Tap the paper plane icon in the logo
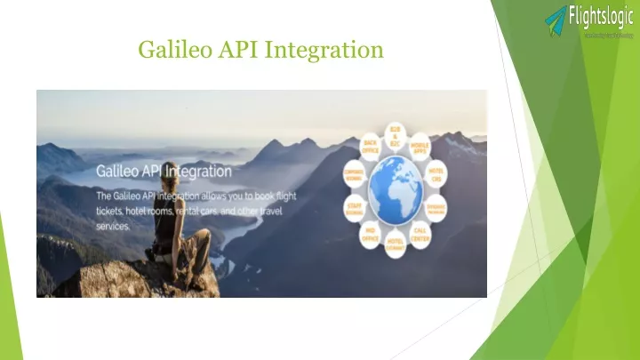click(556, 20)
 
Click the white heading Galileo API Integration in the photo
click(164, 171)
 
